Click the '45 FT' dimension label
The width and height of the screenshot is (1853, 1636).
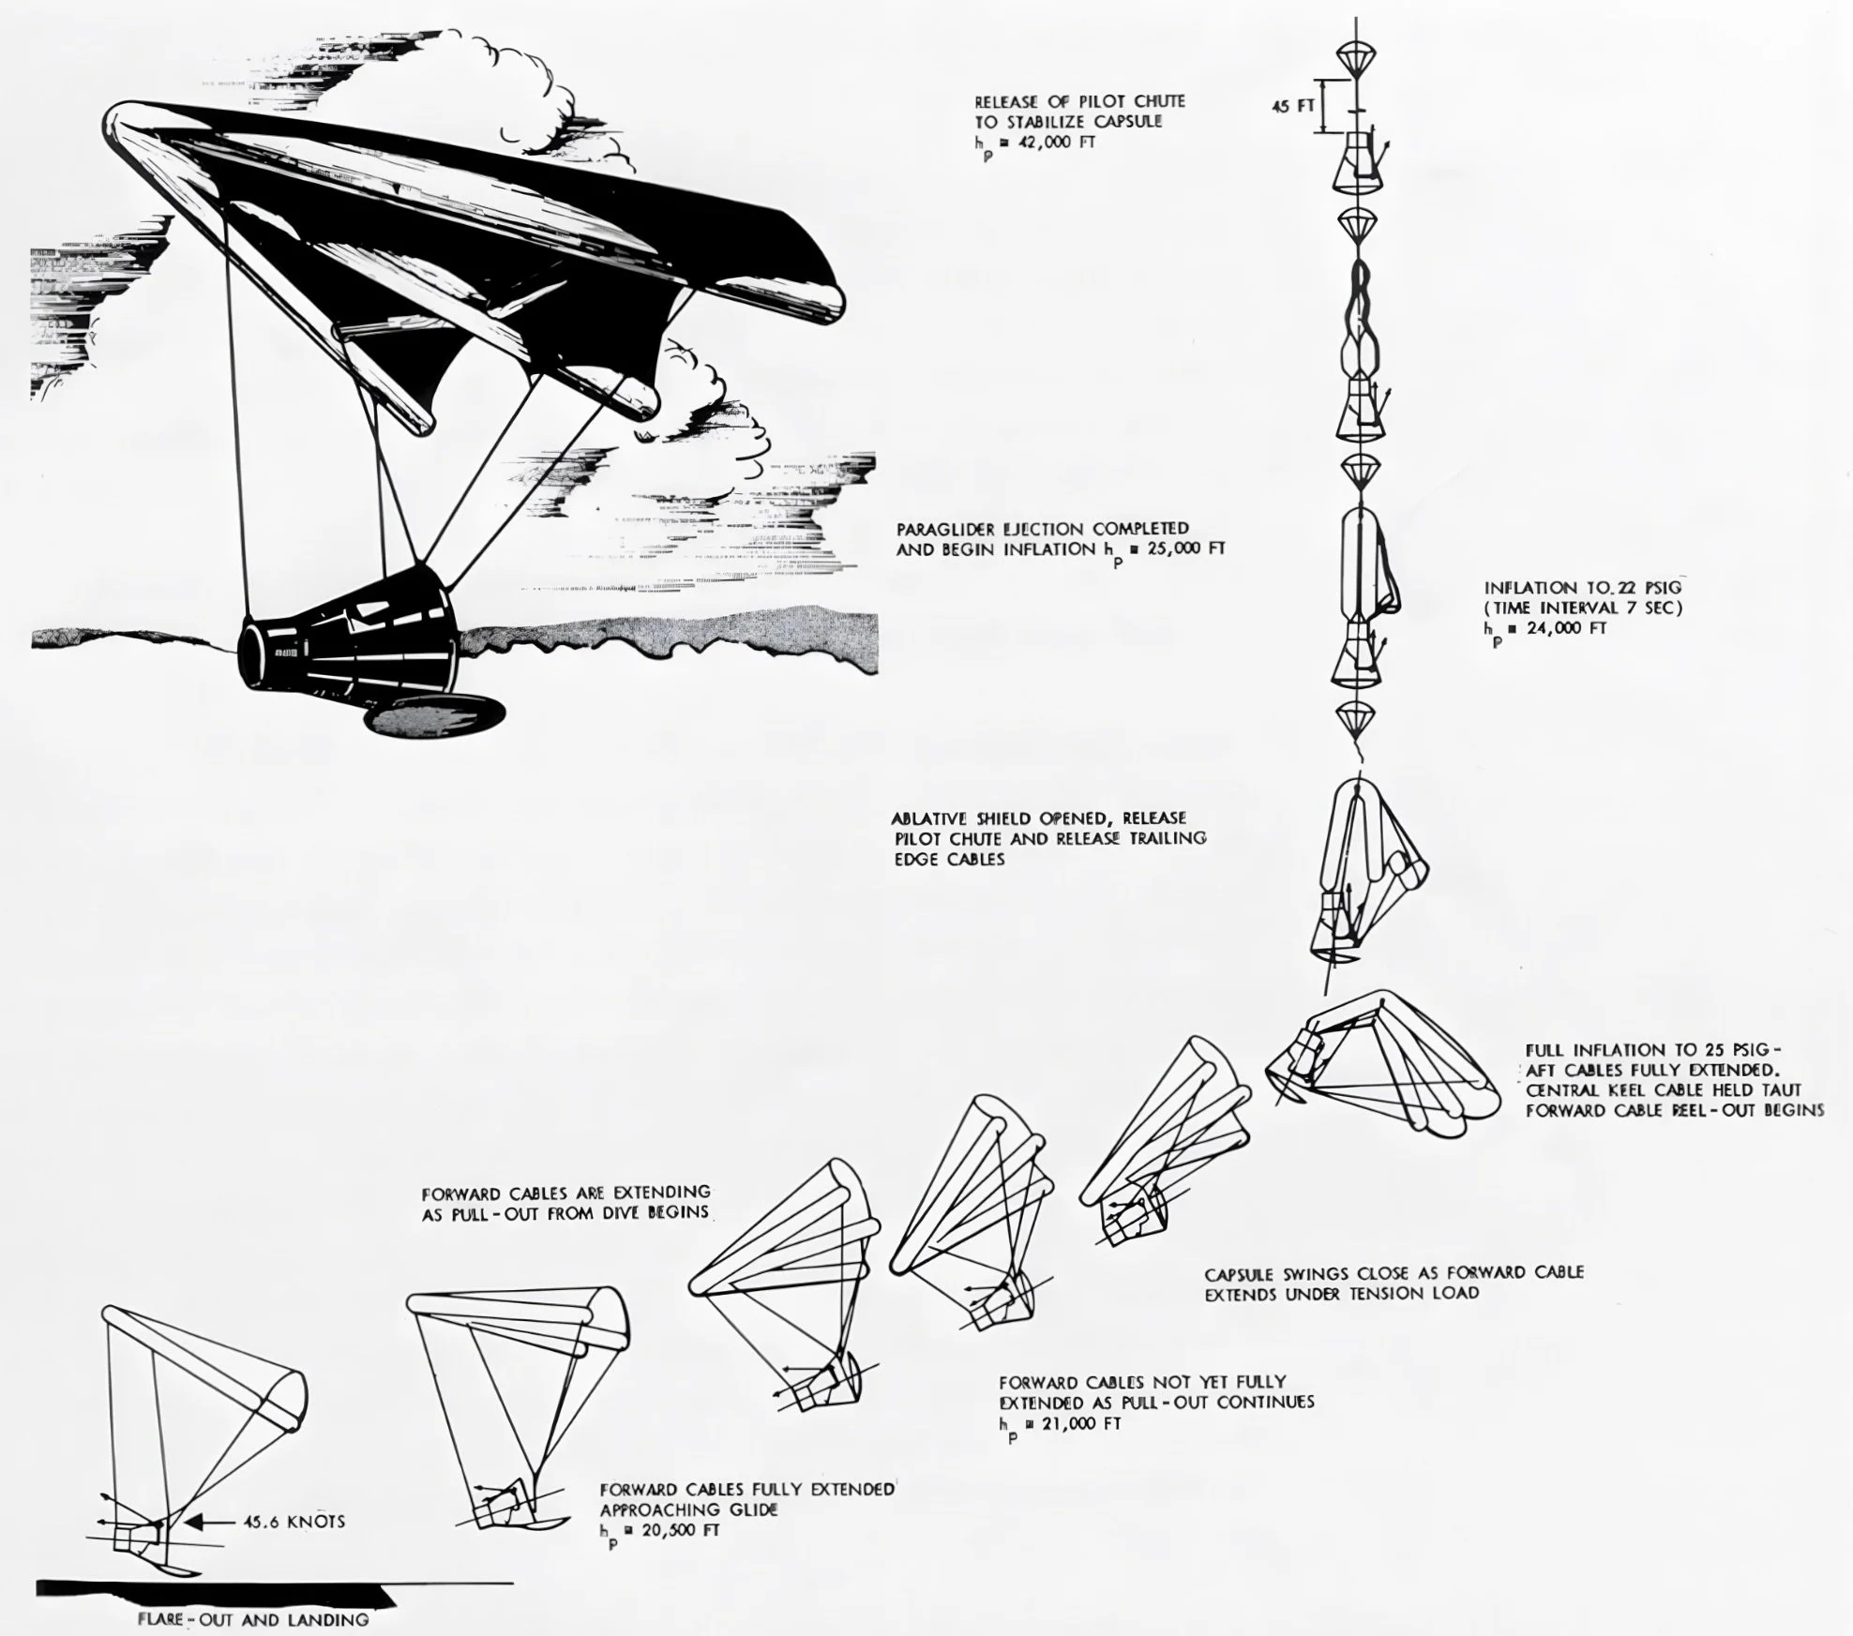(1292, 107)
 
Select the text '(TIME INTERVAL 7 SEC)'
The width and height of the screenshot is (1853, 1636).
(1584, 608)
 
